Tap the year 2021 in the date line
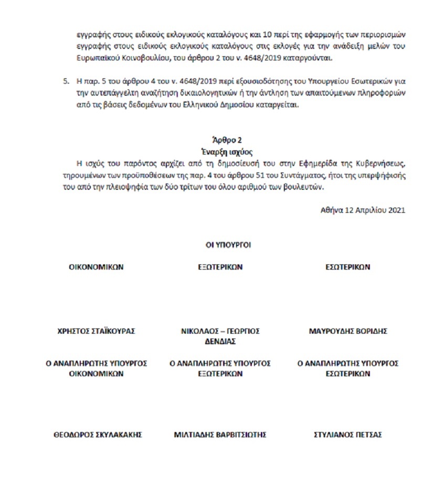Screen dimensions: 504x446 [396, 210]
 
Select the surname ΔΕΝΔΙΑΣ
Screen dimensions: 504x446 [220, 342]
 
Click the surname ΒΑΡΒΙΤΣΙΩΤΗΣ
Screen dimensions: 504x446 [240, 435]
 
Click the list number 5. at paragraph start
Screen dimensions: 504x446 [66, 82]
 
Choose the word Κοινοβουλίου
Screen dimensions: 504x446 [120, 58]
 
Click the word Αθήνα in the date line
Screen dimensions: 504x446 [332, 210]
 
